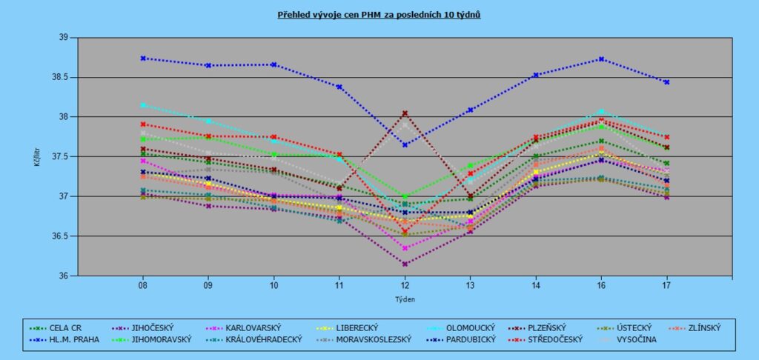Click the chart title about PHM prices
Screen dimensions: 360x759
(x=379, y=14)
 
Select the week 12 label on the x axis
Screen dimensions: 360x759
(x=405, y=286)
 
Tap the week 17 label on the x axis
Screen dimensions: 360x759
(x=666, y=286)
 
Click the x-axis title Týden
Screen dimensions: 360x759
(x=405, y=300)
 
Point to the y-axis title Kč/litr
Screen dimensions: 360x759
(x=37, y=156)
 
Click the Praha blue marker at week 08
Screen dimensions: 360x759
(x=143, y=58)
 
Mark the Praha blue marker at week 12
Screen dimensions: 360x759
(x=405, y=144)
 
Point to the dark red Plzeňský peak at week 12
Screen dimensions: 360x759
(x=405, y=113)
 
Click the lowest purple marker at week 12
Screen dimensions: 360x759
(x=405, y=264)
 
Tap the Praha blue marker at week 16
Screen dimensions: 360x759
(x=601, y=59)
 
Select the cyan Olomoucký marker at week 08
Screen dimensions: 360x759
(x=143, y=105)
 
